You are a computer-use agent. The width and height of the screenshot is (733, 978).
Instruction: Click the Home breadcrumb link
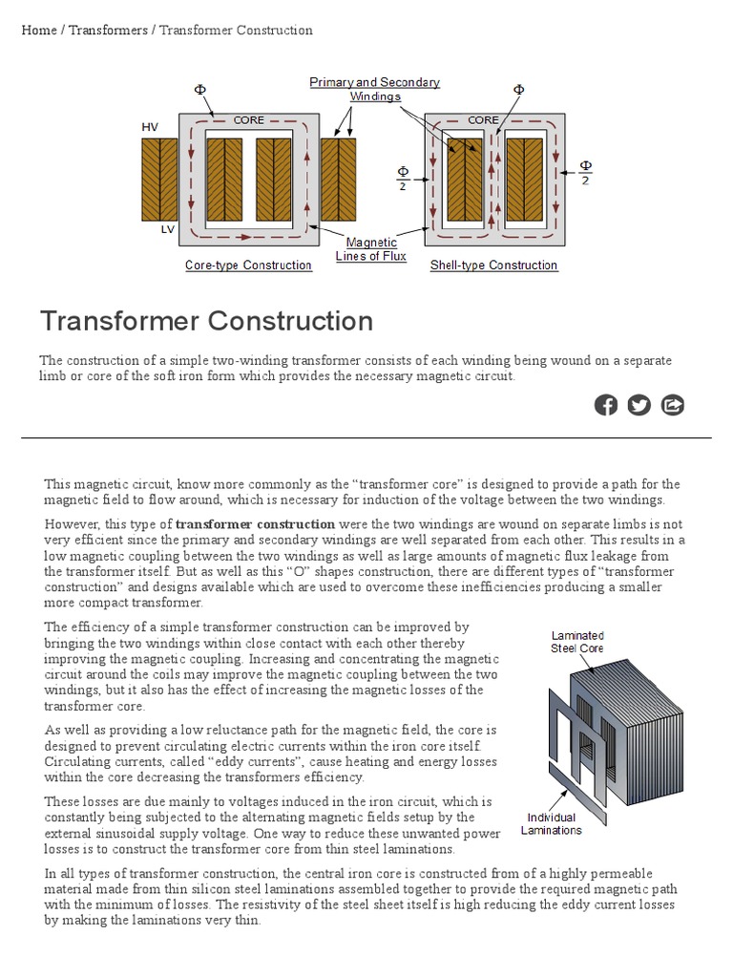39,30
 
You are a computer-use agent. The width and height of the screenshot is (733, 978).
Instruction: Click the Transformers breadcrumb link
108,30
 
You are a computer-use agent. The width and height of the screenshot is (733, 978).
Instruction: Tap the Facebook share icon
606,405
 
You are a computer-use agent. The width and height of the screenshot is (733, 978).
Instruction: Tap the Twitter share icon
639,405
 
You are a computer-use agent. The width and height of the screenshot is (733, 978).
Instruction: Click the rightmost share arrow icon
673,405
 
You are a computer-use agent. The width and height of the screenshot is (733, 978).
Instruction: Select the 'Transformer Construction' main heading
206,321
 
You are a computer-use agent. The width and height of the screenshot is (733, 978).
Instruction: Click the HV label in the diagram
150,127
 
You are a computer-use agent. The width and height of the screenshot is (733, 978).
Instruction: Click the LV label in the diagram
167,230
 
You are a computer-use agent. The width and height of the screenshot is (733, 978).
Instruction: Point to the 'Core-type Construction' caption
248,266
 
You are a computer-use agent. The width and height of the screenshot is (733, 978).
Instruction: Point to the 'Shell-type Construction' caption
493,266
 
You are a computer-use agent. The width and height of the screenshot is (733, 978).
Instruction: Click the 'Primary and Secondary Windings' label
374,89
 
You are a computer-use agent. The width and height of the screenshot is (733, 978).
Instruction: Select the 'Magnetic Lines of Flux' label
370,249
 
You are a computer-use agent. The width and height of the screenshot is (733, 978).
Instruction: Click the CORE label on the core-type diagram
249,120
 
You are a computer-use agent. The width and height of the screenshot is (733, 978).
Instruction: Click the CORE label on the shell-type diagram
483,120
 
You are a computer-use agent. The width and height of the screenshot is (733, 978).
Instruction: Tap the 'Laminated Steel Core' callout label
577,642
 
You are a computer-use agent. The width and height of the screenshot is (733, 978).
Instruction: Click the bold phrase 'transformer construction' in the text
256,523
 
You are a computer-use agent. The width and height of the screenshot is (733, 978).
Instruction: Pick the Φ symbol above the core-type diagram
200,89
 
